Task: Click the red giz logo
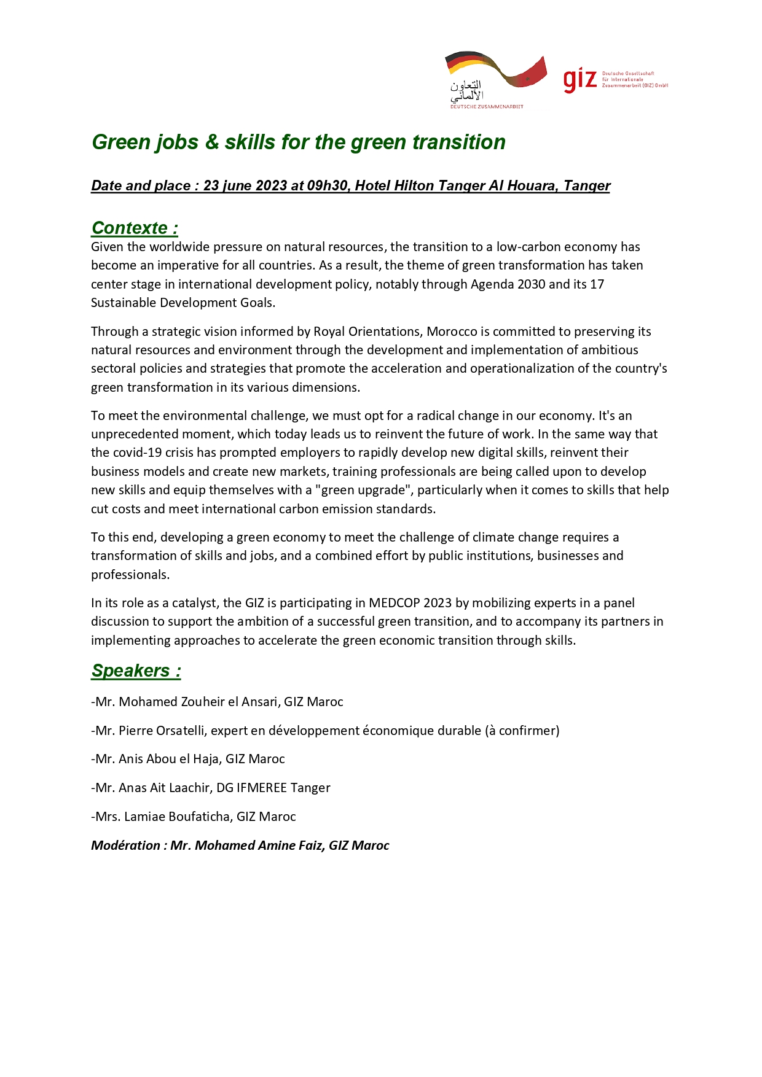coord(579,80)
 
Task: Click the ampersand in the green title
coord(211,142)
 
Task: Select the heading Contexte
coord(130,228)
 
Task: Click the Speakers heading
coord(131,671)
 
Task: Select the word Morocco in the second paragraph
coord(452,332)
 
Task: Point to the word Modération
coord(125,846)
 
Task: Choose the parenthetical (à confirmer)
coord(522,731)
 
